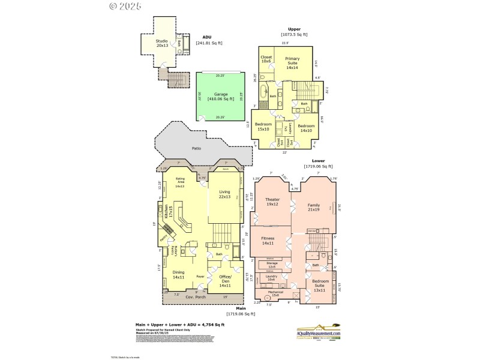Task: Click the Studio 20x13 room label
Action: pyautogui.click(x=162, y=43)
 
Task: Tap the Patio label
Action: pyautogui.click(x=196, y=148)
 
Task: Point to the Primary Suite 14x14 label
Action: pyautogui.click(x=292, y=63)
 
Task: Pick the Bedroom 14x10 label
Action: pyautogui.click(x=307, y=128)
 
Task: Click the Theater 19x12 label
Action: pyautogui.click(x=272, y=202)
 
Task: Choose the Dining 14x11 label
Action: pyautogui.click(x=179, y=274)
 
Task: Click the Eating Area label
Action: pyautogui.click(x=180, y=182)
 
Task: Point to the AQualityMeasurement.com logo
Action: pyautogui.click(x=323, y=331)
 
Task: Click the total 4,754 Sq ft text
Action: pyautogui.click(x=180, y=325)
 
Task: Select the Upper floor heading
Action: pyautogui.click(x=294, y=29)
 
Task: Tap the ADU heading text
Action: pyautogui.click(x=207, y=37)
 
